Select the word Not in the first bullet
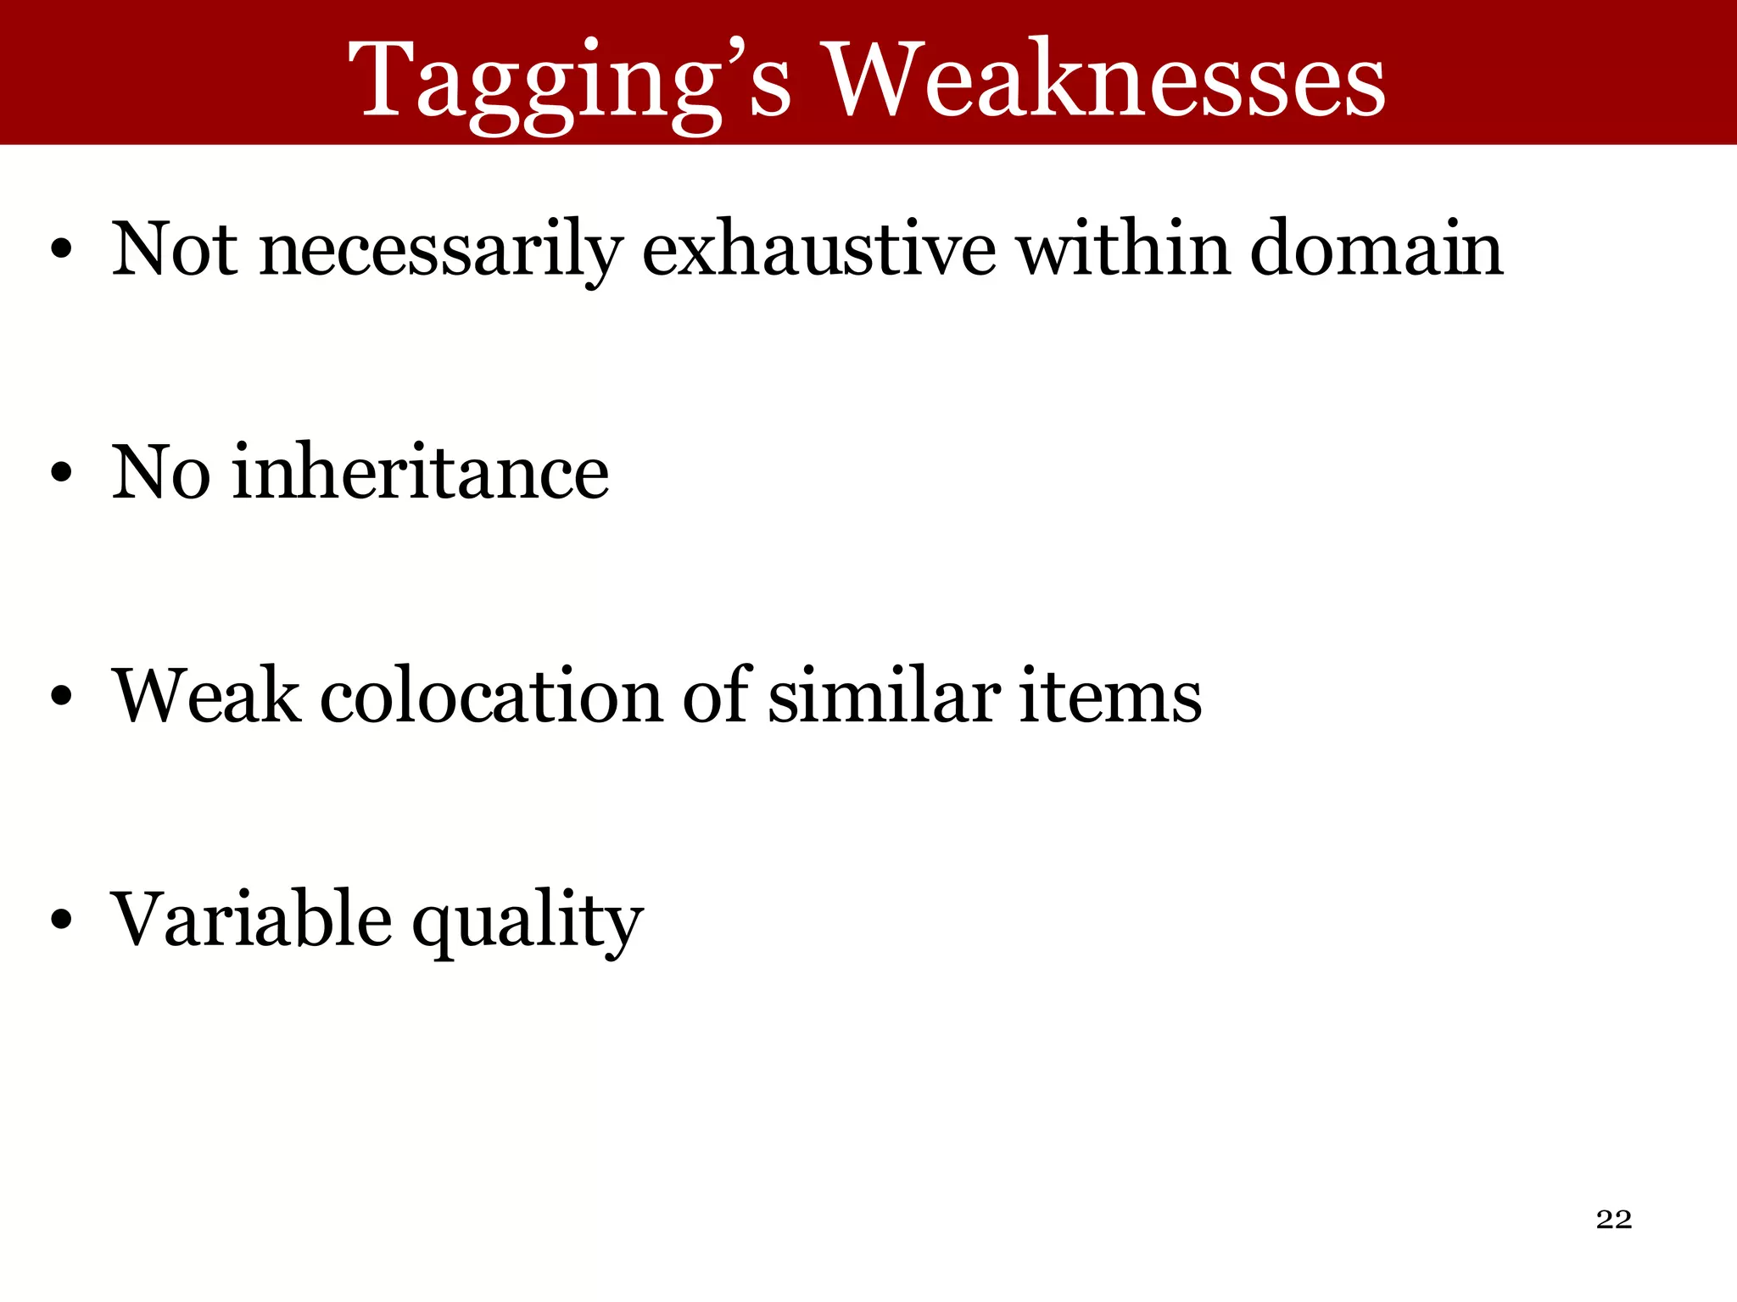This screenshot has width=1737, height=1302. [175, 249]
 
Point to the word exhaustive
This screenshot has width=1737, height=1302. [818, 249]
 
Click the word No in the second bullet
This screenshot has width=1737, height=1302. [161, 472]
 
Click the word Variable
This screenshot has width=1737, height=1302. [252, 919]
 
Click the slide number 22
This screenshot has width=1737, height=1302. [1613, 1219]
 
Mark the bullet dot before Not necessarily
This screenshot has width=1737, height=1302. [61, 251]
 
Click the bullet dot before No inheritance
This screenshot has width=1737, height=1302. [61, 474]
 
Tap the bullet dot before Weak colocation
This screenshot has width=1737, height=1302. [61, 697]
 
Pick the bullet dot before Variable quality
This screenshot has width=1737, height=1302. [61, 921]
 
